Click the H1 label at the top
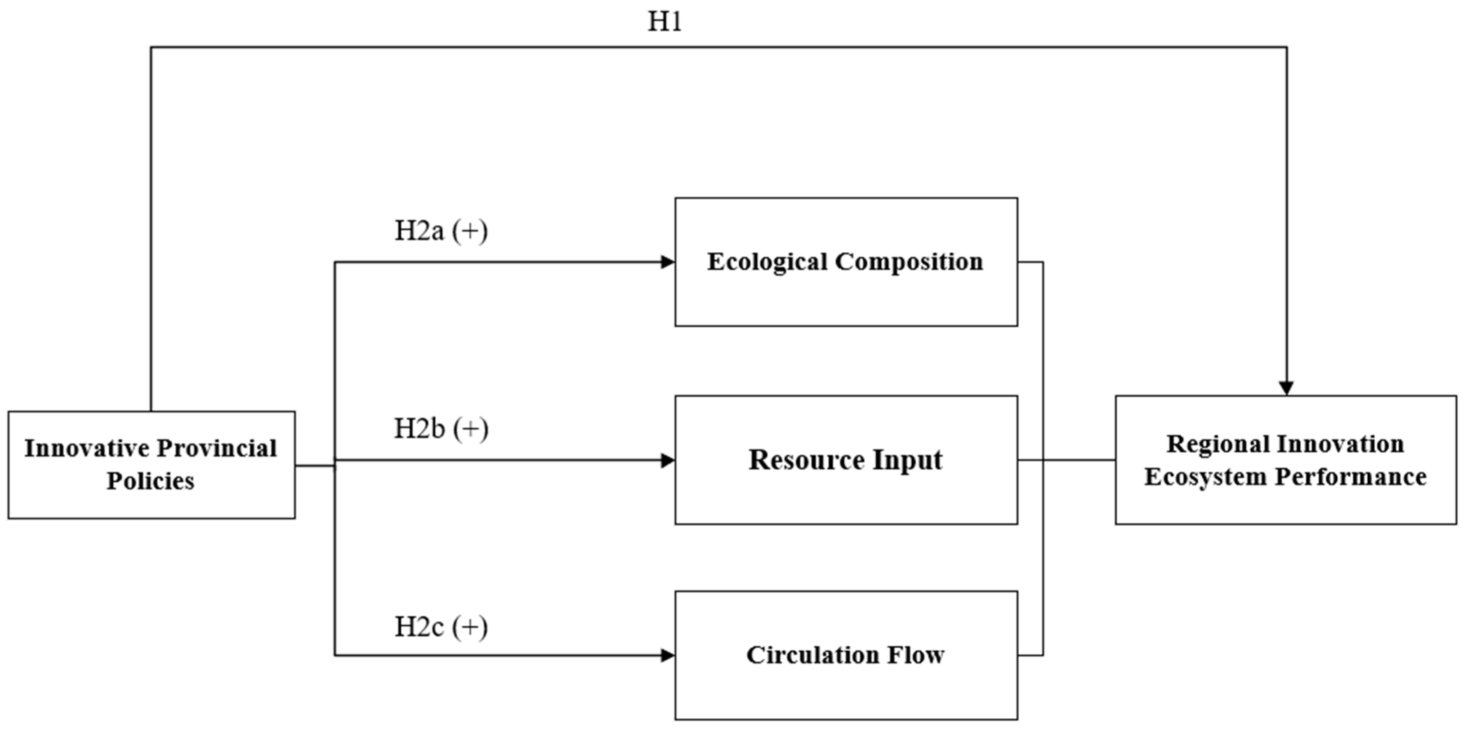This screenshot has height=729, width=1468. click(x=665, y=22)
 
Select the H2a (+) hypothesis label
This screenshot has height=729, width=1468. click(x=441, y=231)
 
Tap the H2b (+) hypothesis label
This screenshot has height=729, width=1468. click(x=441, y=429)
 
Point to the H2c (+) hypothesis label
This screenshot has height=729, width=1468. click(x=441, y=627)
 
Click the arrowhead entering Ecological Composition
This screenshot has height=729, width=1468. click(x=667, y=262)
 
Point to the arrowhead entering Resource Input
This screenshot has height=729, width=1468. click(x=667, y=460)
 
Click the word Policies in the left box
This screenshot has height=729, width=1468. click(x=151, y=481)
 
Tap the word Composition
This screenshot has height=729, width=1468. click(x=909, y=262)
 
